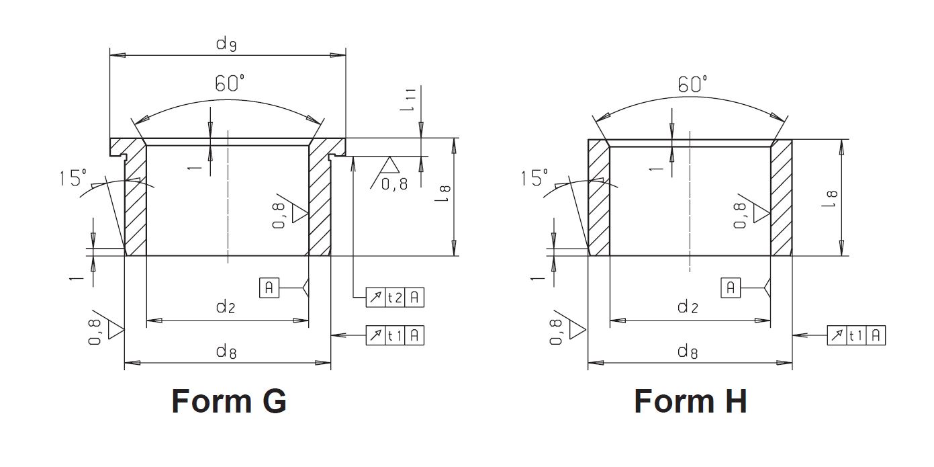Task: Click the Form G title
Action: [229, 401]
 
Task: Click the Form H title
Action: [690, 401]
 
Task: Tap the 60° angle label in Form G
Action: [230, 84]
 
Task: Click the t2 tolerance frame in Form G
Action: [395, 297]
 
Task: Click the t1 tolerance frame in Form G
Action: [395, 335]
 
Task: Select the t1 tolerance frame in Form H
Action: [856, 335]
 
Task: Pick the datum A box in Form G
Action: [269, 288]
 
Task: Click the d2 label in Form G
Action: [225, 308]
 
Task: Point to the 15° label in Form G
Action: [73, 178]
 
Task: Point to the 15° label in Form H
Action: [535, 179]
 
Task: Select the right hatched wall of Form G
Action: [319, 202]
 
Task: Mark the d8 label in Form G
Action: [225, 351]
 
